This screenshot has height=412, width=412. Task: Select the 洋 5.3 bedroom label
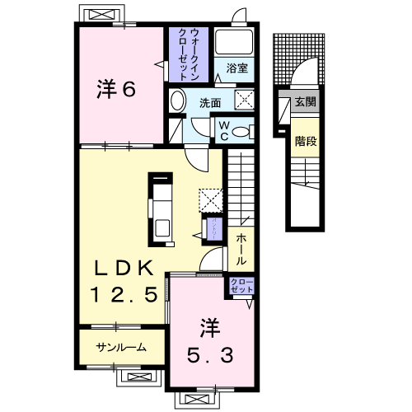[x=209, y=342]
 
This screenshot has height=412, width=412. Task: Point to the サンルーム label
[x=120, y=347]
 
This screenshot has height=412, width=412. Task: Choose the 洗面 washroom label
[x=209, y=103]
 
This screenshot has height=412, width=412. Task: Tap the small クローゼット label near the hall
[x=241, y=287]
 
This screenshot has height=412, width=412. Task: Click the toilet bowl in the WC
[x=241, y=132]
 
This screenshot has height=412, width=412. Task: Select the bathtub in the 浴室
[x=234, y=43]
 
